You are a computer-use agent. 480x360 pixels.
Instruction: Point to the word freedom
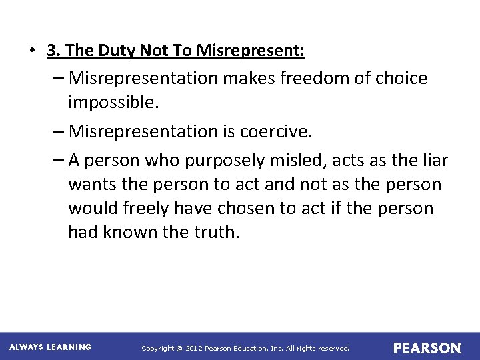[313, 79]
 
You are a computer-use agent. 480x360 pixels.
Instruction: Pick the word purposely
[239, 160]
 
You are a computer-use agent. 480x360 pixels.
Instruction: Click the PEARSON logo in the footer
[427, 348]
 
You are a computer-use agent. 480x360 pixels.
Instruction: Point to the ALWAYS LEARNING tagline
[50, 347]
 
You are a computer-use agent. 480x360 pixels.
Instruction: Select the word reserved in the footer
[332, 348]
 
